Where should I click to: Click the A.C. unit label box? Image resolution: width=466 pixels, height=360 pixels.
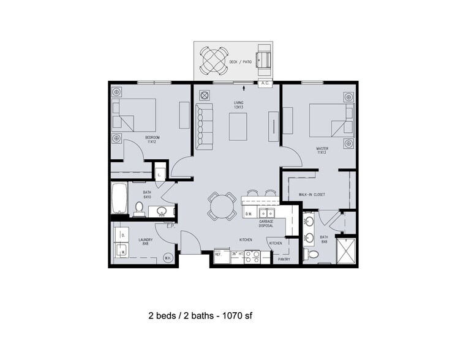[266, 83]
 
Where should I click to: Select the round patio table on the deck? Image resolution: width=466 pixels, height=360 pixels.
[216, 61]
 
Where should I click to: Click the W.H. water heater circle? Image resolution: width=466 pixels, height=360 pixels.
[167, 258]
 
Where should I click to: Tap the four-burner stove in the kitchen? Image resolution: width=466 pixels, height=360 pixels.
[253, 257]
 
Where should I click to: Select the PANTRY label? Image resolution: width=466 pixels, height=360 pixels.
[284, 260]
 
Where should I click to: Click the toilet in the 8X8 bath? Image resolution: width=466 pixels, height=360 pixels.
[312, 253]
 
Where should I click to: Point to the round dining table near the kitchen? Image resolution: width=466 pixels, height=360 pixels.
[221, 206]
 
